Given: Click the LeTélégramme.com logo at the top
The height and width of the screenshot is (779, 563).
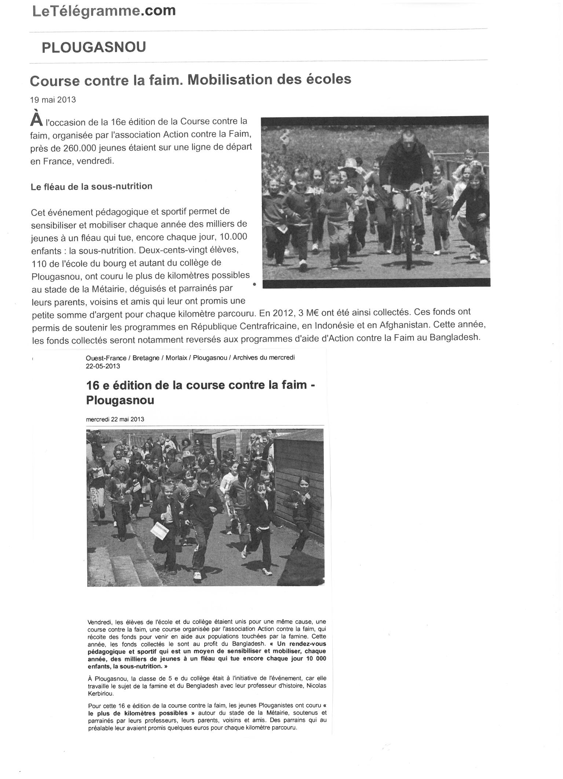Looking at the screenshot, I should pyautogui.click(x=104, y=11).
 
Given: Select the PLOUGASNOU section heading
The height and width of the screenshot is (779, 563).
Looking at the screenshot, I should pyautogui.click(x=94, y=47).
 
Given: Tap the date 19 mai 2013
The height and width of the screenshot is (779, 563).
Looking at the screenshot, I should pyautogui.click(x=53, y=100).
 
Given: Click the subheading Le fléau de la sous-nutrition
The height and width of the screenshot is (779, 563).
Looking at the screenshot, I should pyautogui.click(x=92, y=186).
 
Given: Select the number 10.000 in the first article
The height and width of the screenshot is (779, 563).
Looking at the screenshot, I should pyautogui.click(x=233, y=237).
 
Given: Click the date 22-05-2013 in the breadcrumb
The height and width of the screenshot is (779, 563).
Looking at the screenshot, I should pyautogui.click(x=103, y=366).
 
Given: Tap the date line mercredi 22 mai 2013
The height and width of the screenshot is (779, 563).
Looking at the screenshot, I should pyautogui.click(x=115, y=419).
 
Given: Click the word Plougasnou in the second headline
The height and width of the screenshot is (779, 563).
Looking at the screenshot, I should pyautogui.click(x=120, y=400).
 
